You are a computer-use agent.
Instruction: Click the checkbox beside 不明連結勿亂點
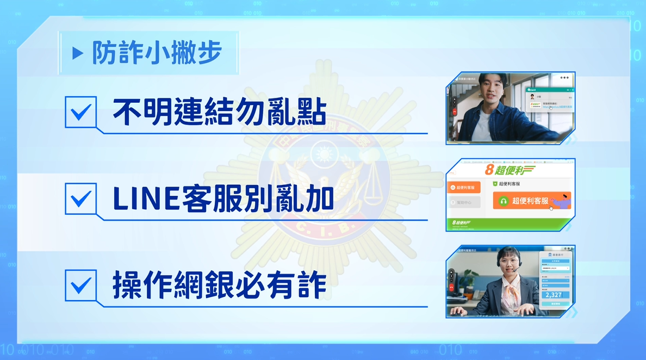click(80, 112)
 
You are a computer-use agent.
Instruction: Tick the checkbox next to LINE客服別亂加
click(80, 198)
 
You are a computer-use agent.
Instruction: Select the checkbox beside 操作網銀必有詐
click(80, 284)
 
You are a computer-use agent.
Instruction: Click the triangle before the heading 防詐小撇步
click(78, 53)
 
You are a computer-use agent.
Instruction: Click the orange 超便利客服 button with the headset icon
click(531, 201)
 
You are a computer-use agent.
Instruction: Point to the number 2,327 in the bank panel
click(554, 295)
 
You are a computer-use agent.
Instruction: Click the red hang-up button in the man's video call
click(454, 111)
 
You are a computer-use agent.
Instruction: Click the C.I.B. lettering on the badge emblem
click(324, 225)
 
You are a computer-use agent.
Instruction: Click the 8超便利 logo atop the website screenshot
click(508, 170)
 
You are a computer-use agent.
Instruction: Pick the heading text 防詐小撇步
click(157, 53)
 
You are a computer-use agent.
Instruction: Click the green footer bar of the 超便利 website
click(510, 223)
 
